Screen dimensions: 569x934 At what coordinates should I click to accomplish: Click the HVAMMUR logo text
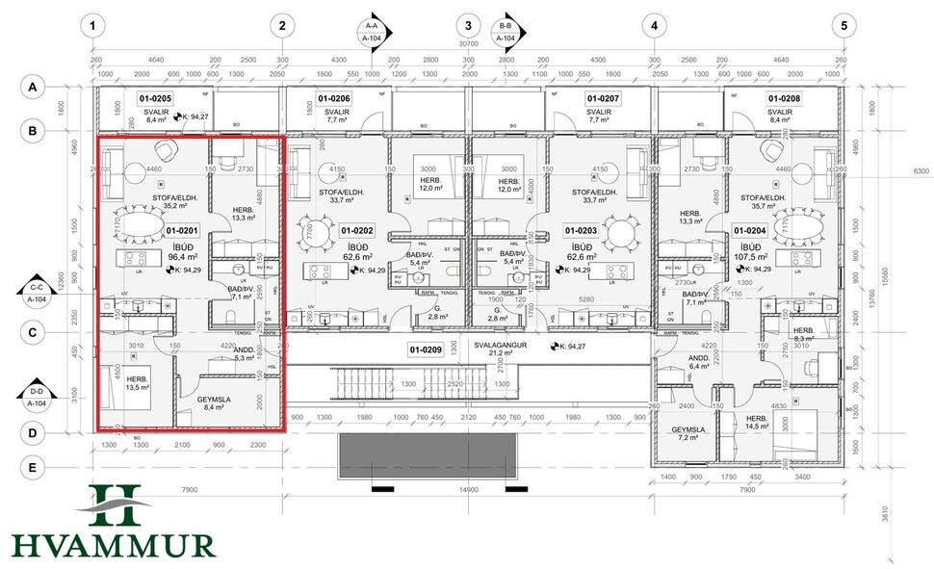pos(114,545)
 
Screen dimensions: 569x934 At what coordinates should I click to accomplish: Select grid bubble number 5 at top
pos(843,26)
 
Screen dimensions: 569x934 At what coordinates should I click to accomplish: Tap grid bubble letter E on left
pos(33,468)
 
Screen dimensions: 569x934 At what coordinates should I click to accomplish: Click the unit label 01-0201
pos(182,231)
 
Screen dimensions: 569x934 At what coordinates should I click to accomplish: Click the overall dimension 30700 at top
pos(468,44)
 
